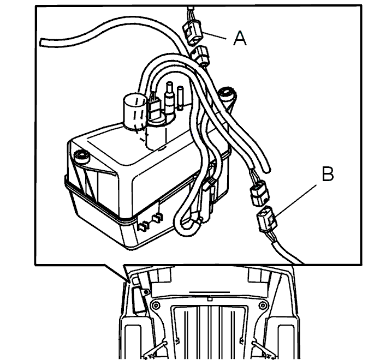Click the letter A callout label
(240, 39)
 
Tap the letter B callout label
(328, 174)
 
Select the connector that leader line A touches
(192, 32)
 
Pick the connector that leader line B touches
(267, 219)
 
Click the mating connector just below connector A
(200, 55)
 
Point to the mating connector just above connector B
(259, 193)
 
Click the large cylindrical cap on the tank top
(135, 112)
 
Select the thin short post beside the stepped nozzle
(180, 98)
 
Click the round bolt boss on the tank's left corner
(81, 156)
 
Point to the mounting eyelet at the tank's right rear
(227, 95)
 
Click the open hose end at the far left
(42, 43)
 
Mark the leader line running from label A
(214, 35)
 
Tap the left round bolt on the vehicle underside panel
(155, 305)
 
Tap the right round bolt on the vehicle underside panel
(262, 305)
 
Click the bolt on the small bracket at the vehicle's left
(146, 292)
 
